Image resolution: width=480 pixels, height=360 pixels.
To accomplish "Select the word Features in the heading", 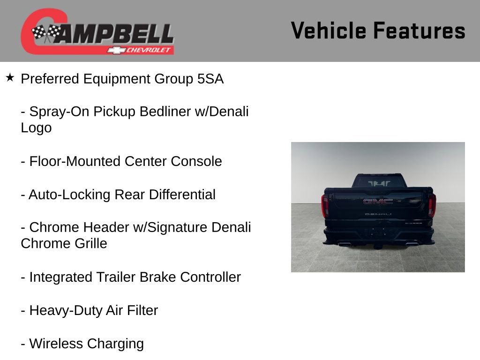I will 419,31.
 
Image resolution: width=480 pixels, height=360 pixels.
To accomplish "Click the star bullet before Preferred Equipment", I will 10,77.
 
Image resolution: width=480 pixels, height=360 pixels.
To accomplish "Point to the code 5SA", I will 210,79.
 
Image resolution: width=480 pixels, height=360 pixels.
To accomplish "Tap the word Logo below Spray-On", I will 36,128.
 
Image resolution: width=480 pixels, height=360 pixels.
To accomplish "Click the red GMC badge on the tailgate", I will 378,202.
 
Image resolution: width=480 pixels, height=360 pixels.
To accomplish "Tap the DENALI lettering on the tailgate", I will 377,214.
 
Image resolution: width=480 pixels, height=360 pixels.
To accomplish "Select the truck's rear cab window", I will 378,182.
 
